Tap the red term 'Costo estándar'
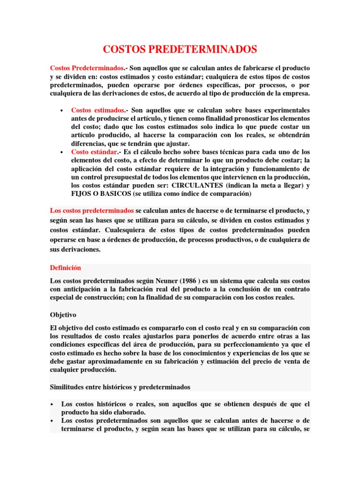coord(93,152)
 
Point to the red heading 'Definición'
coord(65,268)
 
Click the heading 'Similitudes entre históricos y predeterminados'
coord(120,387)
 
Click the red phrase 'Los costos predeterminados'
coord(92,210)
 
